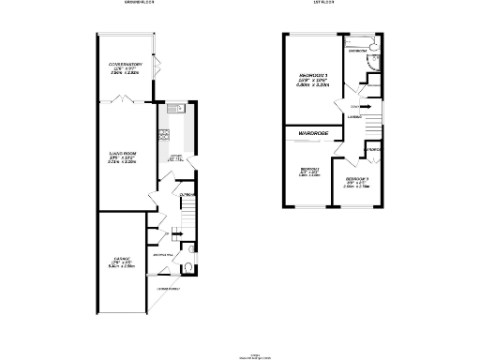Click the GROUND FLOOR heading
coord(138,4)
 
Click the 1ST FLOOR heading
coord(324,4)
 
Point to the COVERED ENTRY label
coord(169,288)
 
